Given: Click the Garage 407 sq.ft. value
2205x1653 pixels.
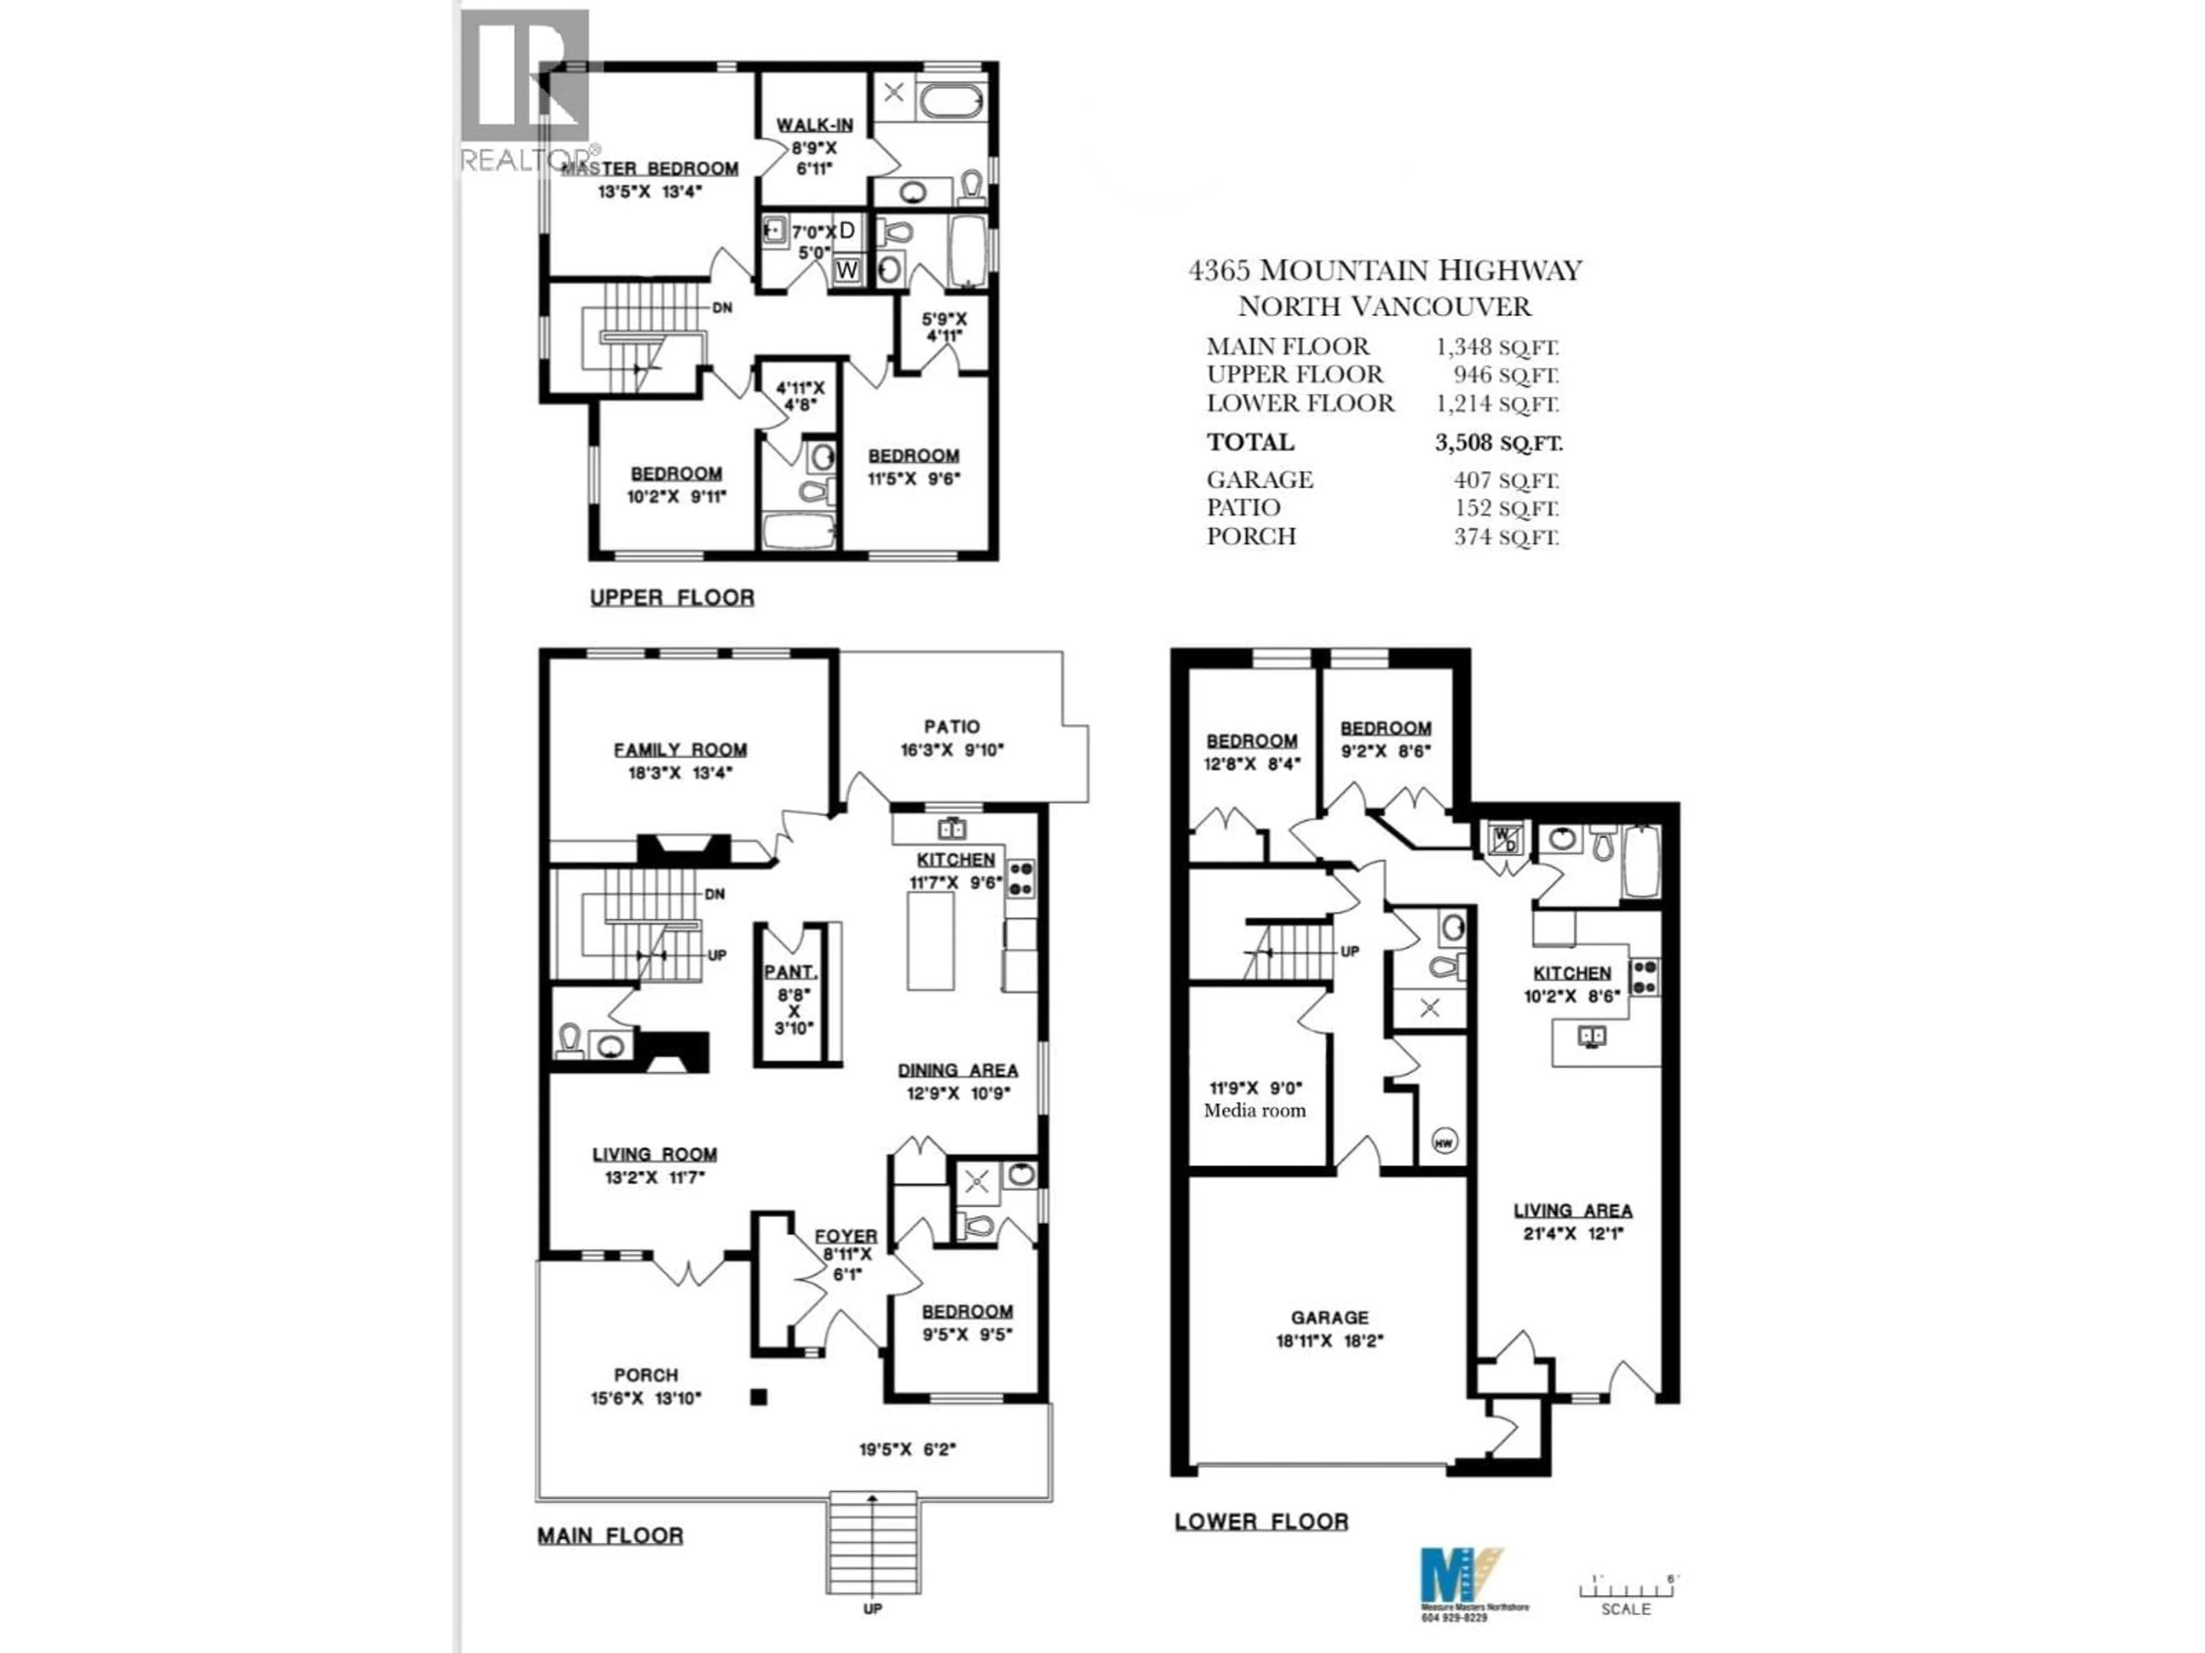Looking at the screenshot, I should point(1505,480).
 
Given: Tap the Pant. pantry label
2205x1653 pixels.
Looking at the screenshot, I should point(791,972).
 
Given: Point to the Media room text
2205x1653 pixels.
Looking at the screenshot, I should point(1254,1111).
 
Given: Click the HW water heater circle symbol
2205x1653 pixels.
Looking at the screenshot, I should point(1444,1142).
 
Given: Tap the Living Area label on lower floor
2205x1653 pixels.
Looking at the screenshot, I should point(1573,1210).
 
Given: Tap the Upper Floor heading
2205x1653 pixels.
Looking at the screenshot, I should point(672,598).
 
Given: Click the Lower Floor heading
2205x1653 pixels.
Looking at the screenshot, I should point(1261,1522).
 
